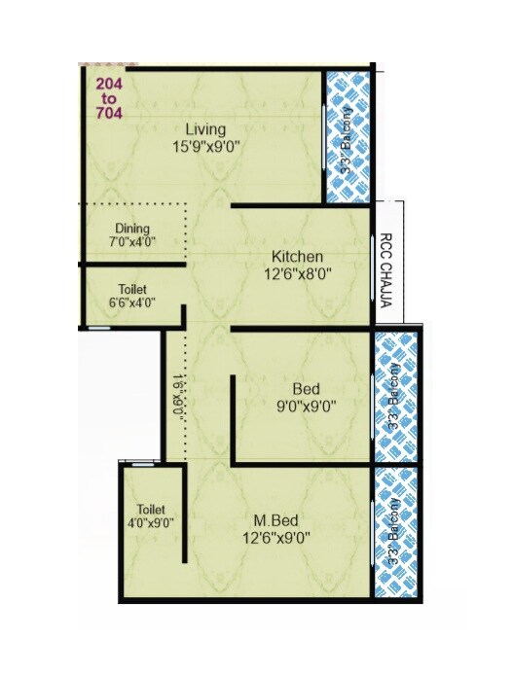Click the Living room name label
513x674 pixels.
(x=206, y=129)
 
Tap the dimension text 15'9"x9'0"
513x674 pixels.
(x=205, y=146)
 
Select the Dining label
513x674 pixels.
(x=132, y=230)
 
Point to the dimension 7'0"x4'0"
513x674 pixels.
(x=132, y=243)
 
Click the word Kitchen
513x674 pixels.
(x=297, y=257)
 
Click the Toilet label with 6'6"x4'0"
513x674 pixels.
(x=132, y=290)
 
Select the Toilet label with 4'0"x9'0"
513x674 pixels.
(x=151, y=510)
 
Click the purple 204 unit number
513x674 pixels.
(x=109, y=84)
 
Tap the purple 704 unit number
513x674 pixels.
(x=109, y=113)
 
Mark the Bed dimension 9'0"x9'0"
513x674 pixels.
(x=306, y=407)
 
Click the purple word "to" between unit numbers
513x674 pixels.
(x=108, y=98)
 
